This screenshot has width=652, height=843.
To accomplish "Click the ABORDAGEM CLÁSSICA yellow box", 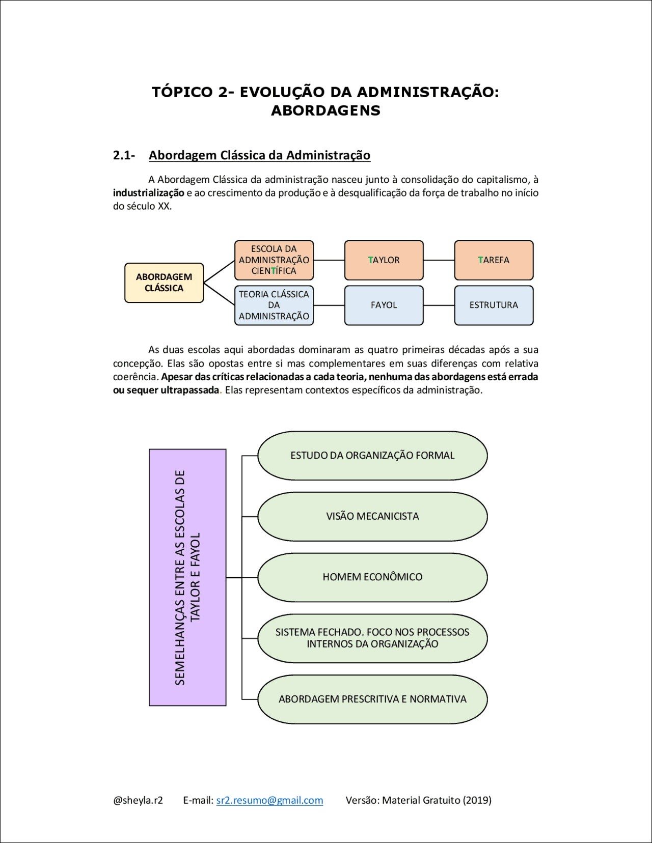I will pyautogui.click(x=164, y=283).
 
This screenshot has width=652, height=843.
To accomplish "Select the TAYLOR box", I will pyautogui.click(x=384, y=260).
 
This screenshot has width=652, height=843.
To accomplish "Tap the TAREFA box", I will pyautogui.click(x=494, y=260).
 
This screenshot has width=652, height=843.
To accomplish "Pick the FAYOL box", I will pyautogui.click(x=384, y=305).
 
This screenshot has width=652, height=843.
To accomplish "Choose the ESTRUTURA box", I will pyautogui.click(x=494, y=305).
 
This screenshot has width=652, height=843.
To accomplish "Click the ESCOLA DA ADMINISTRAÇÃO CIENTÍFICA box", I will pyautogui.click(x=274, y=260).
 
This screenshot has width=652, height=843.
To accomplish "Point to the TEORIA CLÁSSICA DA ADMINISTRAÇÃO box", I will pyautogui.click(x=274, y=305).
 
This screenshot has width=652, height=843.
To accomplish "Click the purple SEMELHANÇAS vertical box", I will pyautogui.click(x=187, y=577).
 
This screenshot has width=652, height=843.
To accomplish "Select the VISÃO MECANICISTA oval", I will pyautogui.click(x=372, y=516).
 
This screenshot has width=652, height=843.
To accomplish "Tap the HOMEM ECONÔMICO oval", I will pyautogui.click(x=372, y=577).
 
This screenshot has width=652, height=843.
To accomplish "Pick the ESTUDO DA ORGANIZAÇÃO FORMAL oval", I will pyautogui.click(x=372, y=455).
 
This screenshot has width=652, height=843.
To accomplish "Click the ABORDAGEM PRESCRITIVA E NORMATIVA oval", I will pyautogui.click(x=372, y=699).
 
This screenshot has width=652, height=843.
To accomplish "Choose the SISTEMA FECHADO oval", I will pyautogui.click(x=372, y=638).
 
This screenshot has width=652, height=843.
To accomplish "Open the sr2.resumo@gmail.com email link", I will pyautogui.click(x=269, y=800).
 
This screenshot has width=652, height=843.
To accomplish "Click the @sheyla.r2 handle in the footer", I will pyautogui.click(x=138, y=800).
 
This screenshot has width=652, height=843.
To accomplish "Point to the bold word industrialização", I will pyautogui.click(x=148, y=193).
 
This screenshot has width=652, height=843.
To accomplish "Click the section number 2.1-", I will pyautogui.click(x=124, y=155).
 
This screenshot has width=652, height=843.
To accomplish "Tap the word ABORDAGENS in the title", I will pyautogui.click(x=325, y=110).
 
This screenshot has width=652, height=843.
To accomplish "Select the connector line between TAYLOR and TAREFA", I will pyautogui.click(x=439, y=260).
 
